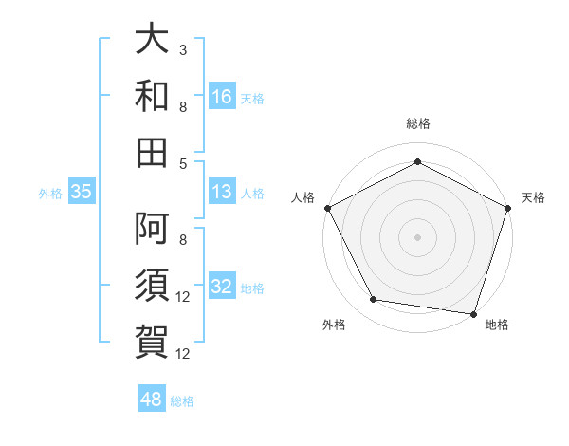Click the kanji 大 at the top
(x=152, y=43)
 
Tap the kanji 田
(x=152, y=151)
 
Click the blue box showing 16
(x=222, y=97)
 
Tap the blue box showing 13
(x=222, y=193)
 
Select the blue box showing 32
(x=222, y=288)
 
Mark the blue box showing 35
(x=82, y=193)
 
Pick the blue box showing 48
(x=152, y=400)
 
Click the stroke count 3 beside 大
(x=182, y=50)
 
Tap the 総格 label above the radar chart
(x=417, y=123)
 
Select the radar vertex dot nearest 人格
(x=327, y=207)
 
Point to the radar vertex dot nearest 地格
(x=473, y=313)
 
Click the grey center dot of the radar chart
(x=417, y=236)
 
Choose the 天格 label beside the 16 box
(x=252, y=98)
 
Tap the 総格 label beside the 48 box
(x=182, y=400)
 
